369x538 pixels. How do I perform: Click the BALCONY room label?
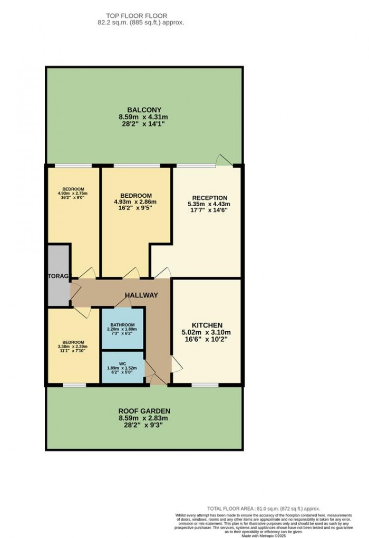[143, 110]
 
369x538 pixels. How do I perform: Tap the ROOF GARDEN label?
[144, 411]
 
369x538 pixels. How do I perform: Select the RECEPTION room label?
[207, 198]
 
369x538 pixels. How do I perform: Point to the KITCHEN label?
[207, 325]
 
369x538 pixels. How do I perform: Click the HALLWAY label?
[141, 295]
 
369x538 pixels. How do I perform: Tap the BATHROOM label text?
[122, 324]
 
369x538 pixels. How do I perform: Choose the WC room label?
[122, 363]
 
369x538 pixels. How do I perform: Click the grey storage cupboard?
[58, 275]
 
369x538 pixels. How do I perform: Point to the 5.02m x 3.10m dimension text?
[207, 332]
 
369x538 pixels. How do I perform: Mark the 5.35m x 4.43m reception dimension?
[207, 205]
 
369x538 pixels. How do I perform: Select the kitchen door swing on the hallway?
[175, 363]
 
